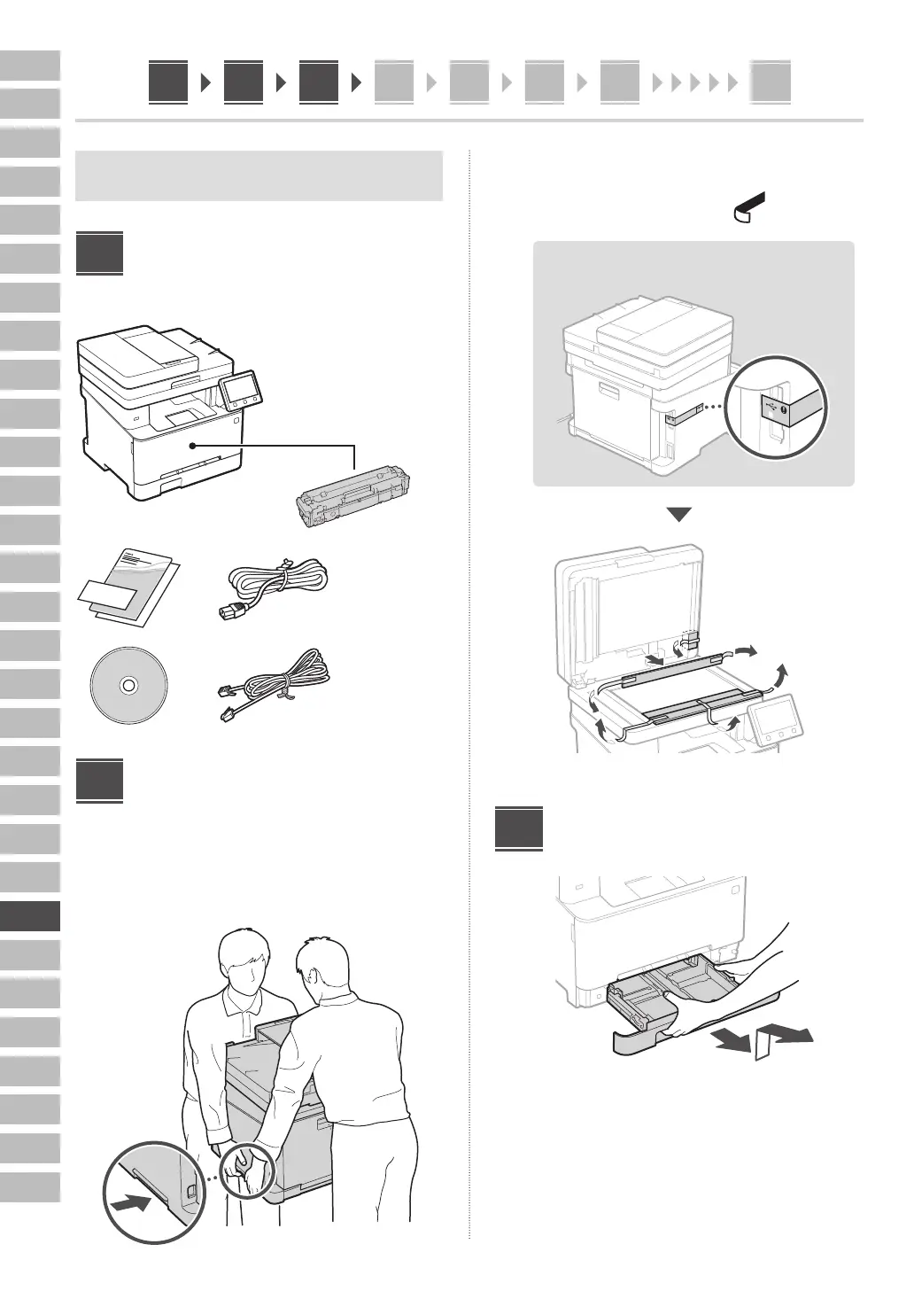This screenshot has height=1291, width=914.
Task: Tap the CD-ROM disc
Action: pyautogui.click(x=128, y=685)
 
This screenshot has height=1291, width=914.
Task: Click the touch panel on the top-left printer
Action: pyautogui.click(x=238, y=389)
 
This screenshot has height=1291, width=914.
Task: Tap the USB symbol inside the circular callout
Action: pyautogui.click(x=775, y=407)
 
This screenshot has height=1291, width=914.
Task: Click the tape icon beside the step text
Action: pyautogui.click(x=748, y=206)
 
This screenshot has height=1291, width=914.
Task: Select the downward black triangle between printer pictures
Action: pyautogui.click(x=678, y=515)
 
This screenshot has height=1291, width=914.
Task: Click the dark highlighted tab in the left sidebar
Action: pyautogui.click(x=30, y=915)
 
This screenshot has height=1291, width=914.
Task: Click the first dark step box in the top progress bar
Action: pyautogui.click(x=168, y=82)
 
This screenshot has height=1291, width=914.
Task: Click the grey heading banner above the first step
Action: pyautogui.click(x=259, y=175)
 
